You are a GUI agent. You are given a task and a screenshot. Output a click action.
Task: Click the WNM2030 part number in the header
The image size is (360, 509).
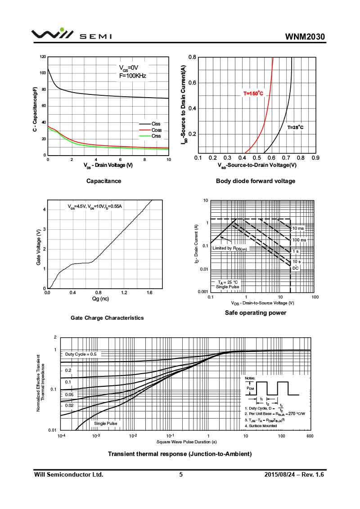click(x=305, y=36)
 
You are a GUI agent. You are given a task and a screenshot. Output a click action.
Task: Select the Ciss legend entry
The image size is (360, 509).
click(x=156, y=124)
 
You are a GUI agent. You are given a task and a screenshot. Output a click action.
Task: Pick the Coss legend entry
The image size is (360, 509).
click(x=156, y=130)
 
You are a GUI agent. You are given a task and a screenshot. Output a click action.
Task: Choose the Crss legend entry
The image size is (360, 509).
click(x=156, y=136)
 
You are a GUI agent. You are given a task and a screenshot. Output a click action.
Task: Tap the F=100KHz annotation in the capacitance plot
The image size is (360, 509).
click(x=133, y=76)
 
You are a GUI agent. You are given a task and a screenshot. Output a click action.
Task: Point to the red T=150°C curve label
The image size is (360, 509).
click(x=253, y=94)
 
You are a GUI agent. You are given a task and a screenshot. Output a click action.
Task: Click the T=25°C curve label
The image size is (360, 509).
click(x=295, y=128)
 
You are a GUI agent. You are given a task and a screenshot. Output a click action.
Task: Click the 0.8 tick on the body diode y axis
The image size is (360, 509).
click(x=192, y=57)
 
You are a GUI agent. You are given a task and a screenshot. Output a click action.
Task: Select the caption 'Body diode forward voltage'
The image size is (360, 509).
click(x=256, y=181)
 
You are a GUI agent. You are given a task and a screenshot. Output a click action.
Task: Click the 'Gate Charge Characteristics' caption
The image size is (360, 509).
click(x=107, y=318)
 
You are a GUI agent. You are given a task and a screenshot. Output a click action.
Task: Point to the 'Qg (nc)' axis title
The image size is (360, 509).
click(x=100, y=299)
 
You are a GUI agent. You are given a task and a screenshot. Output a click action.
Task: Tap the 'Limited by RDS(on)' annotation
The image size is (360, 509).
click(x=229, y=248)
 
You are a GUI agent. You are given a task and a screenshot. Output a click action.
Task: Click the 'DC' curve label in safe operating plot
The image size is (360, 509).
click(x=295, y=268)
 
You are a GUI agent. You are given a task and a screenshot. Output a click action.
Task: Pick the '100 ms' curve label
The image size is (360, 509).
click(x=299, y=240)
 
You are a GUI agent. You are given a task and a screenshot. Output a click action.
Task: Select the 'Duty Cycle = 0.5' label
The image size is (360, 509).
click(x=81, y=354)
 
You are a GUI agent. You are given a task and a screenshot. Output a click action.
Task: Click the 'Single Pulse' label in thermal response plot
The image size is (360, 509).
click(x=106, y=424)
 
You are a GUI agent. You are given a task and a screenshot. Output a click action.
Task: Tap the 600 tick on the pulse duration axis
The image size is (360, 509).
click(x=309, y=436)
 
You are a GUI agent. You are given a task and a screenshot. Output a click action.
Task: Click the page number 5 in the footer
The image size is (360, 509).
click(x=181, y=475)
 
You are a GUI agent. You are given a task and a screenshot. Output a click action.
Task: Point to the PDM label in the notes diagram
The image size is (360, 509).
click(x=250, y=388)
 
